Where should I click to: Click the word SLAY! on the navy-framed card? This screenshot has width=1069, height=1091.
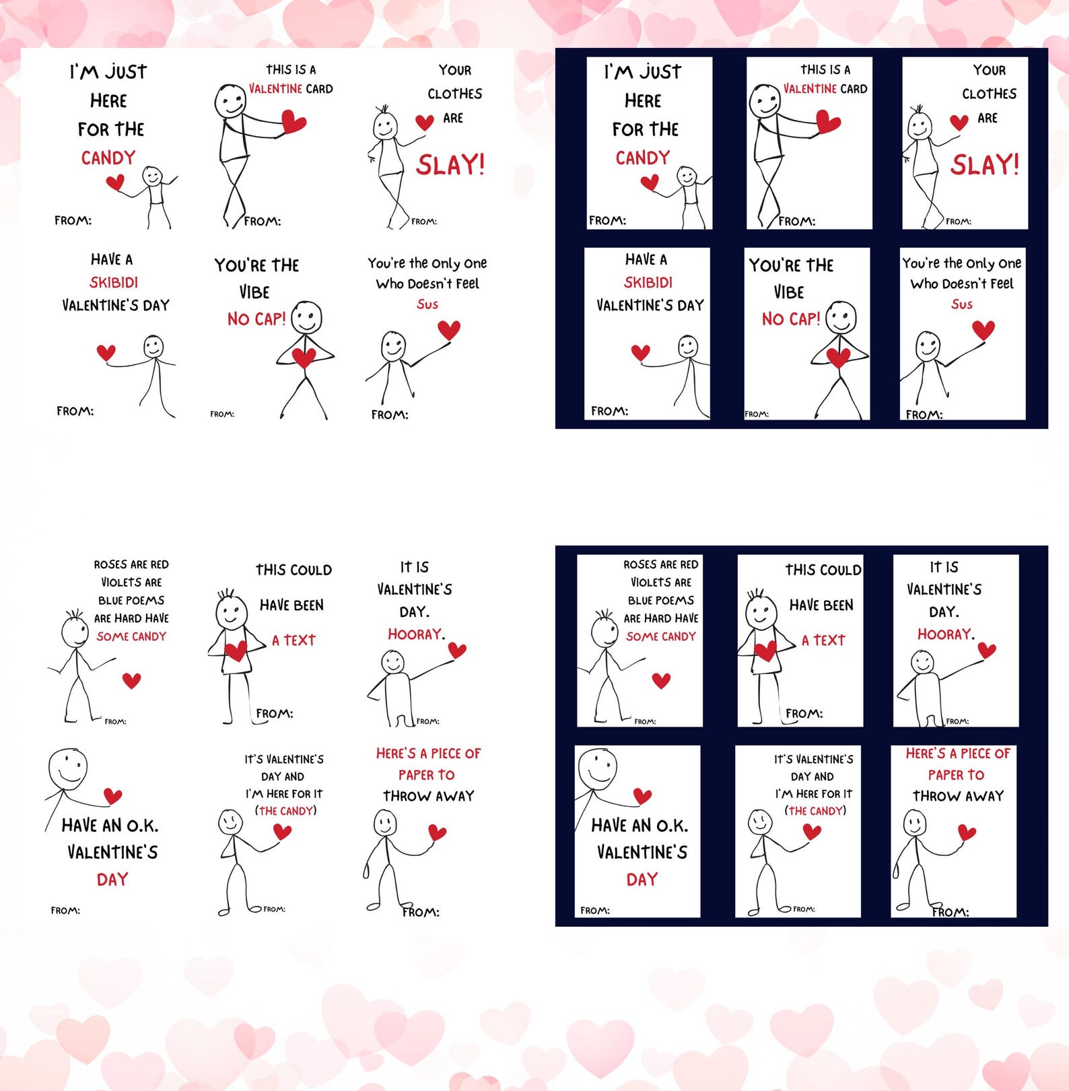(x=984, y=165)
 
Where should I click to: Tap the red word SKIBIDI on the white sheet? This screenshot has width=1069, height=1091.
(x=114, y=282)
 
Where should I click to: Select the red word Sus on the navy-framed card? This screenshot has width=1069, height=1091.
(x=961, y=304)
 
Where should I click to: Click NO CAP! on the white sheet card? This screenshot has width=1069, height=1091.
(x=256, y=319)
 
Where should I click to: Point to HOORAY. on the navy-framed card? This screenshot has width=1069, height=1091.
(x=945, y=634)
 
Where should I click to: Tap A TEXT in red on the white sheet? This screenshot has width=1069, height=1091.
(x=294, y=640)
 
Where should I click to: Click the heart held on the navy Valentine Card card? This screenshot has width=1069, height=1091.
(x=828, y=122)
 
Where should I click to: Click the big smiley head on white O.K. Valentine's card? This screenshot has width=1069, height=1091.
(x=68, y=768)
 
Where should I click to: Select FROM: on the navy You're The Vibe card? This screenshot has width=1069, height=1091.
(x=757, y=414)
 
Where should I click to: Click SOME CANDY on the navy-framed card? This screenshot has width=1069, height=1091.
(x=660, y=636)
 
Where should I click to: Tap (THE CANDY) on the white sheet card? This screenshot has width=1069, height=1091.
(x=285, y=811)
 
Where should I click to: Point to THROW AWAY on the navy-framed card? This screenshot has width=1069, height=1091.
(x=958, y=796)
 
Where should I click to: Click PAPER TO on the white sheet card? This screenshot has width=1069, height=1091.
(x=427, y=774)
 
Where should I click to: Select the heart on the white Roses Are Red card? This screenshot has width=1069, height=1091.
(x=131, y=680)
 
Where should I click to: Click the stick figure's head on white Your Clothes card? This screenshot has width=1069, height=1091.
(x=385, y=125)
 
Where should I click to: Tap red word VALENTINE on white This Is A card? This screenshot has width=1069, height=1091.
(x=276, y=89)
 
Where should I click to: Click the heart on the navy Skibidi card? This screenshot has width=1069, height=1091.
(x=640, y=352)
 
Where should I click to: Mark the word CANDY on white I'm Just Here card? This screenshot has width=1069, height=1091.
(x=108, y=158)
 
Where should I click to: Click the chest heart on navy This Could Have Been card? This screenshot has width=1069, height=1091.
(x=765, y=651)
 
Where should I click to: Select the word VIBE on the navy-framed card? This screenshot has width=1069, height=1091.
(x=788, y=292)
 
